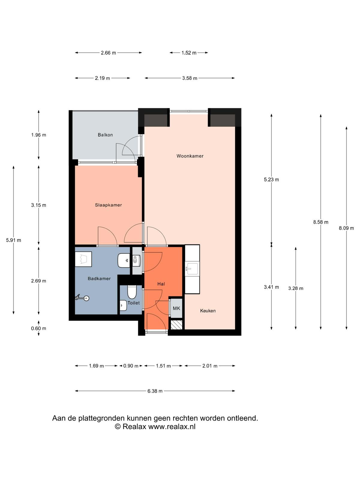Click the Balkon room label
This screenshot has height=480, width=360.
[105, 135]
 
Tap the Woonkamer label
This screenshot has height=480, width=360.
[190, 156]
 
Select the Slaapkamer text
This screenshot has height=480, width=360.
[108, 205]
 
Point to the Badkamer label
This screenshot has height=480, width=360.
[99, 278]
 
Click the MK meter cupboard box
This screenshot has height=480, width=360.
[176, 308]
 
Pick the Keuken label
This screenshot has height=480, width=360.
[208, 310]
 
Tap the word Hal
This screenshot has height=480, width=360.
[161, 284]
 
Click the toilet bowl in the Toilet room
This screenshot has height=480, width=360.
[132, 292]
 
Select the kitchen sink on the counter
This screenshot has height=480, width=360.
[192, 269]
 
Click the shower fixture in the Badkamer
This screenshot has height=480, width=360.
[82, 298]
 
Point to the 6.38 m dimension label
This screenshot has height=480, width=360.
[155, 391]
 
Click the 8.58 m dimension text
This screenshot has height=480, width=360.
[320, 222]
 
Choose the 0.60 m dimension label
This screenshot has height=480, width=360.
[38, 328]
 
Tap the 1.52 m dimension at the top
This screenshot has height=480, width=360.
[189, 53]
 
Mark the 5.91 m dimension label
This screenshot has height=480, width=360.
[13, 240]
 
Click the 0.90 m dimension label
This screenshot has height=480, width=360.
[131, 366]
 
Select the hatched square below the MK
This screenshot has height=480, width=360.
[176, 325]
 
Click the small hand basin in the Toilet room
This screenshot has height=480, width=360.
[124, 305]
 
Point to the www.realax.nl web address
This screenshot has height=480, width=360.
[172, 426]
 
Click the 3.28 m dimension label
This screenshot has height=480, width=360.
[295, 288]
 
